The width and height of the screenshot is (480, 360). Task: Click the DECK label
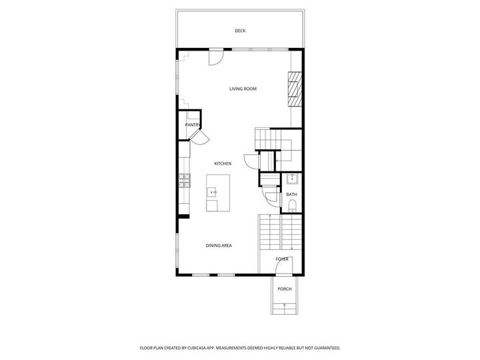tap(240, 31)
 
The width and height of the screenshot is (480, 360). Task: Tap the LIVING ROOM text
tap(243, 89)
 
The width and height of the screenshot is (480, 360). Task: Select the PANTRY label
tap(193, 124)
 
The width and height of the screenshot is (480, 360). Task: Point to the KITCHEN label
tap(223, 163)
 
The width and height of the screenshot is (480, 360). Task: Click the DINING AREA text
tap(219, 246)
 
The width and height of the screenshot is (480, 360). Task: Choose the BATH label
tap(292, 195)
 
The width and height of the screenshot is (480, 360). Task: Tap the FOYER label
tap(283, 259)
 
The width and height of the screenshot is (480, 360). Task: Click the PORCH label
tap(285, 289)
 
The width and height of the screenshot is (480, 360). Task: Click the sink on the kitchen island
tap(214, 192)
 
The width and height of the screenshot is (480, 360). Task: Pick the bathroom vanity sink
tap(292, 179)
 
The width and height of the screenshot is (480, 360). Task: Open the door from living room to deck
tap(215, 59)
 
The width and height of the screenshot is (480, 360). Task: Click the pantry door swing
tap(199, 136)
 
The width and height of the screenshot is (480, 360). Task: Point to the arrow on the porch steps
tap(285, 307)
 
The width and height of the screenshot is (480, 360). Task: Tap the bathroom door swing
tap(269, 195)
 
